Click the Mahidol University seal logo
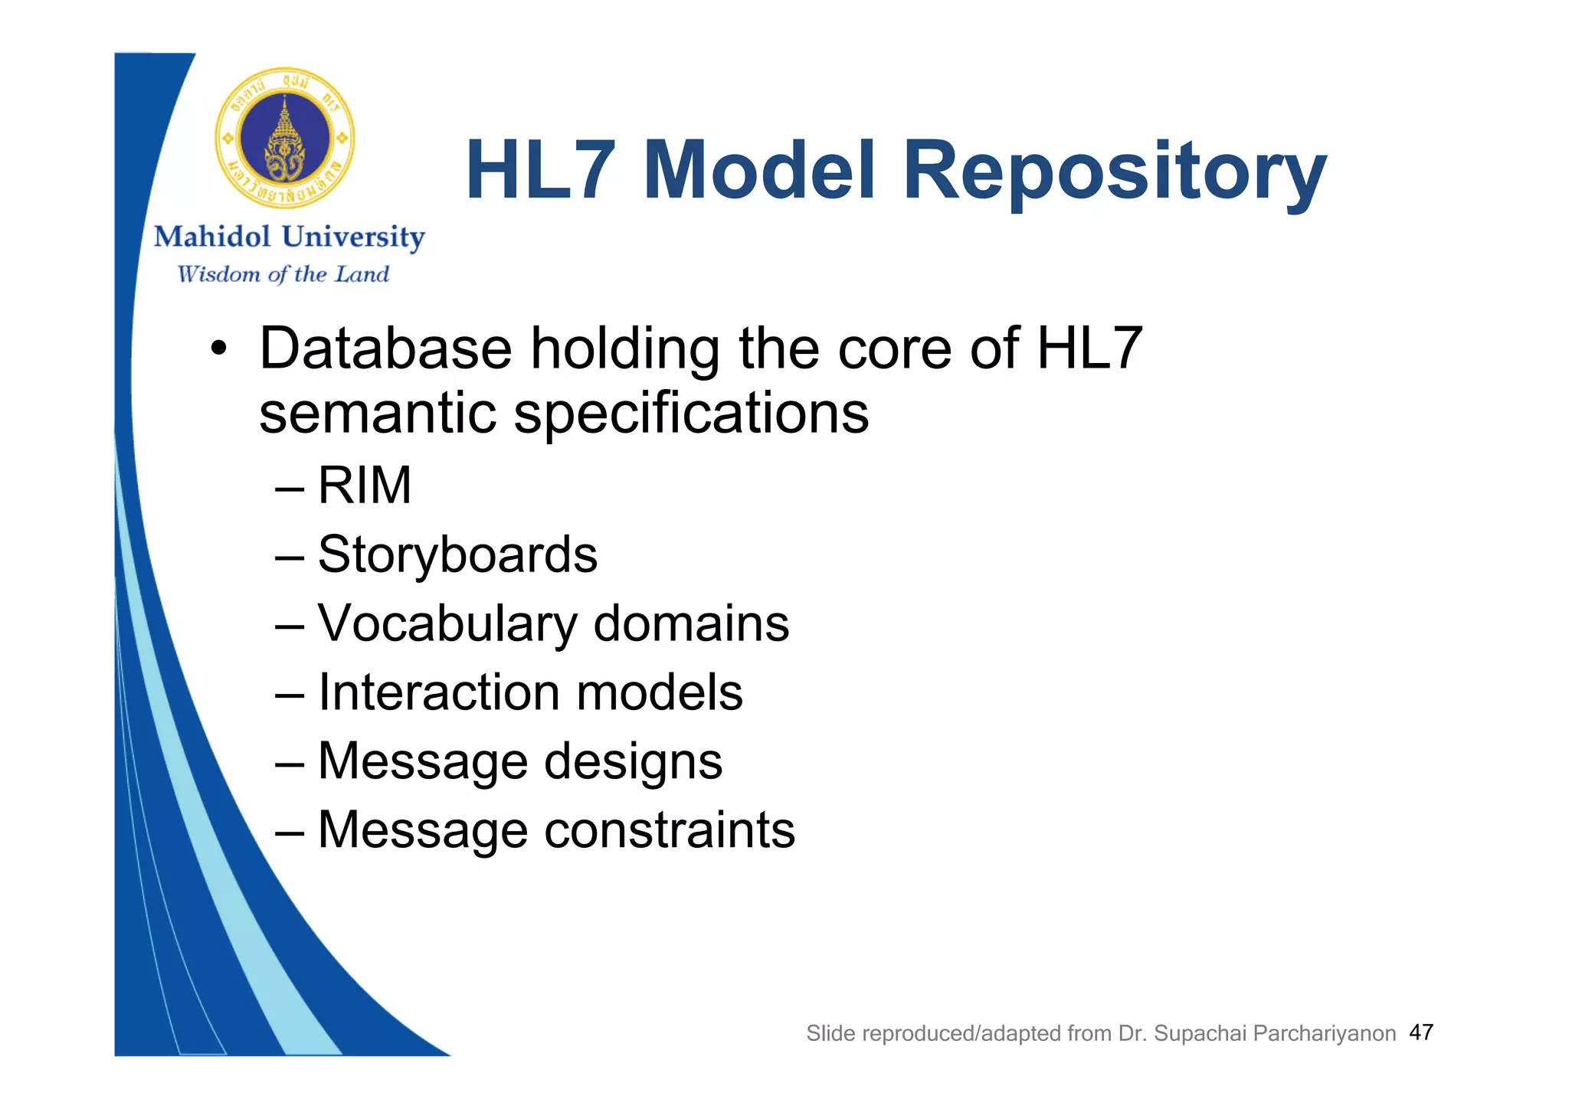(x=285, y=139)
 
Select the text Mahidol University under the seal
(x=289, y=237)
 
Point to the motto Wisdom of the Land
(x=283, y=274)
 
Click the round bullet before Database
(x=219, y=350)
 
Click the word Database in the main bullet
(x=385, y=348)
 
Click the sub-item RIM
(x=365, y=486)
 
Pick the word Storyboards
(x=457, y=554)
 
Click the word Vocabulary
(x=447, y=623)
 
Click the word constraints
(x=669, y=830)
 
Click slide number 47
(x=1421, y=1032)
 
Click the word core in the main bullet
(x=894, y=348)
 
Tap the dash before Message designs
(x=290, y=763)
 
